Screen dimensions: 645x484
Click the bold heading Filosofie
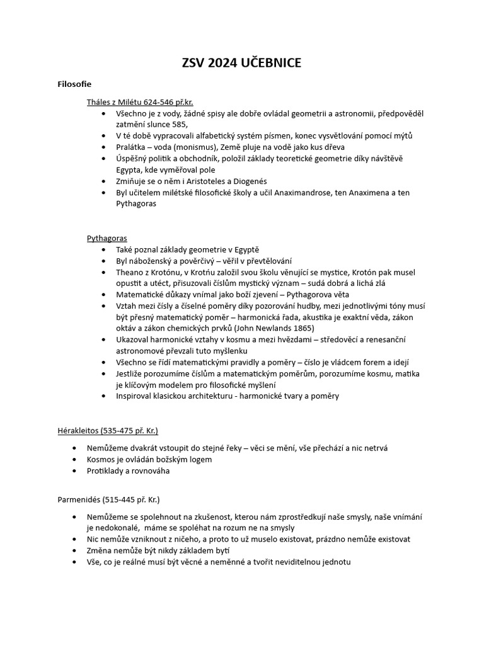click(x=74, y=84)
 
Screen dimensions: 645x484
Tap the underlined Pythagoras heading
click(x=107, y=238)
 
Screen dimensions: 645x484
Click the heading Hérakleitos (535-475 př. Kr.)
click(x=107, y=431)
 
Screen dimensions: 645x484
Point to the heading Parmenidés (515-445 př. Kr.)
click(x=108, y=499)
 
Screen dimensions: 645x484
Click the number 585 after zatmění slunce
click(x=180, y=125)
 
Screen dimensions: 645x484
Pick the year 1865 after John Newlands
click(x=301, y=328)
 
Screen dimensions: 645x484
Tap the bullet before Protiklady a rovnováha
click(x=74, y=471)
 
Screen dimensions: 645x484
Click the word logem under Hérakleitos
click(x=198, y=459)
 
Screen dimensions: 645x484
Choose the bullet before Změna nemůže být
click(x=74, y=551)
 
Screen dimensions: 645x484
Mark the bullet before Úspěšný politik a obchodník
click(x=103, y=159)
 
